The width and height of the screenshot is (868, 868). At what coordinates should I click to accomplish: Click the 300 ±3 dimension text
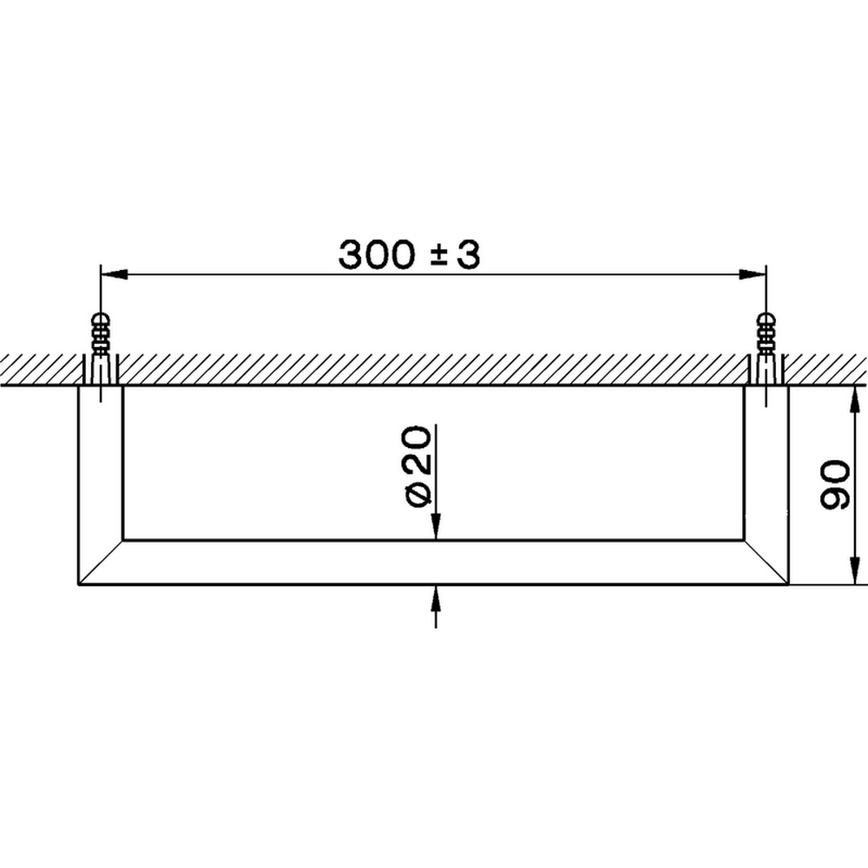(408, 254)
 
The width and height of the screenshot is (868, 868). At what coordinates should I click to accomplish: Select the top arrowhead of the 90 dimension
(854, 398)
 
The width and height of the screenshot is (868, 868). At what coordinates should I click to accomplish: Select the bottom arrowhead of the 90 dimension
(854, 572)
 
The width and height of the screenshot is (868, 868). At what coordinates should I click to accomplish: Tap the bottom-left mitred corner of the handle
(101, 562)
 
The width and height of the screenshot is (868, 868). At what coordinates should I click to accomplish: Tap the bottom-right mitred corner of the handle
(766, 562)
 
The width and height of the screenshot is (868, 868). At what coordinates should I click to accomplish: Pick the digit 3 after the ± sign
(468, 254)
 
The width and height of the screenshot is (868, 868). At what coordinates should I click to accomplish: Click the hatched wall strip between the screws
(434, 369)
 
